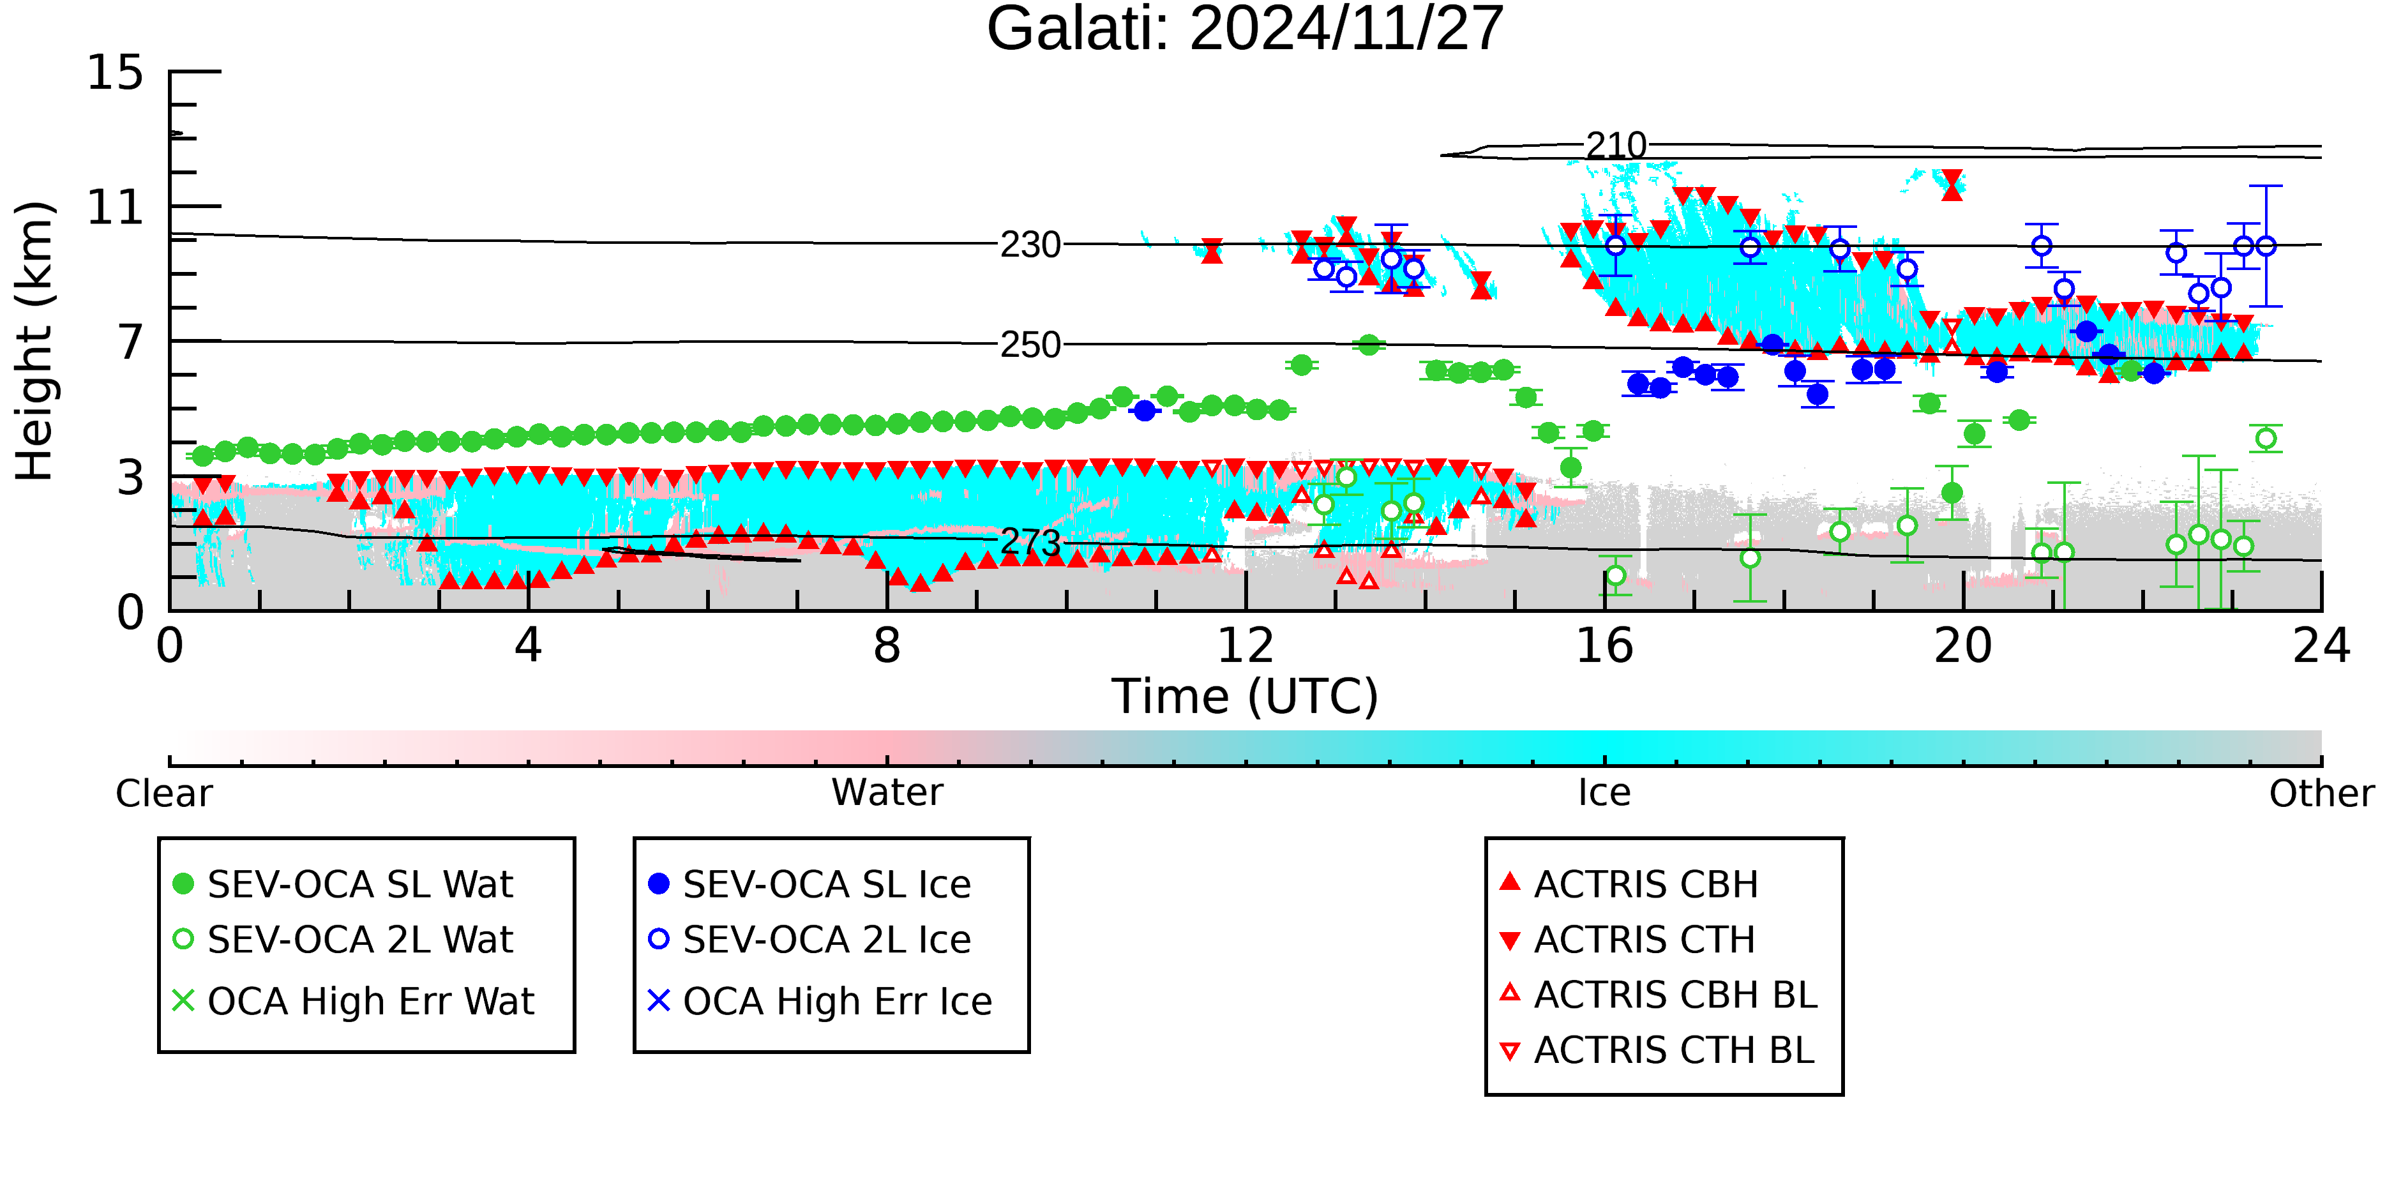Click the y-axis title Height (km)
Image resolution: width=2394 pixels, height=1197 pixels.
(x=35, y=341)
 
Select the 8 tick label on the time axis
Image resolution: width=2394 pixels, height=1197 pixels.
(x=887, y=646)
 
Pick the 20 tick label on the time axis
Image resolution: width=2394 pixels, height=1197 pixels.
(x=1963, y=646)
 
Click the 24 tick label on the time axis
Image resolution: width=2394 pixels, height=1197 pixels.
(x=2321, y=646)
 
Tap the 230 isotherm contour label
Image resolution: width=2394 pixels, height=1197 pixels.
(x=1030, y=245)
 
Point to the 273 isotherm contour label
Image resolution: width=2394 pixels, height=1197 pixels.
(x=1030, y=542)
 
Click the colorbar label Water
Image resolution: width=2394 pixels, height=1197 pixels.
(x=887, y=793)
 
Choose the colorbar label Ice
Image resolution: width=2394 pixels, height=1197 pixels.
(x=1604, y=793)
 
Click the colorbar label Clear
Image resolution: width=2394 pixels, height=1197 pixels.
(x=163, y=794)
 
